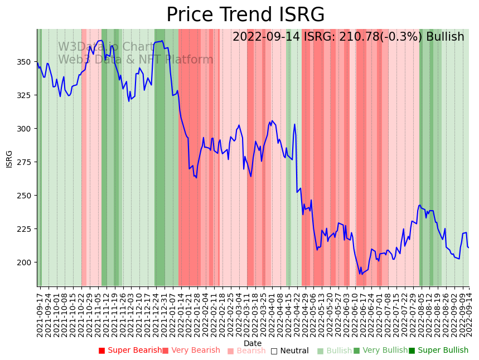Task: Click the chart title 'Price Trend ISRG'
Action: (245, 14)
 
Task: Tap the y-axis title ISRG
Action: (9, 158)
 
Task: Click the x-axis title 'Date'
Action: (253, 343)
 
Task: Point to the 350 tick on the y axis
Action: (27, 62)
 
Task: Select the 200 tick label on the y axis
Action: (27, 262)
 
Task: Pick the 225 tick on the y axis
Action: (27, 229)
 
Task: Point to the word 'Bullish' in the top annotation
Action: (445, 37)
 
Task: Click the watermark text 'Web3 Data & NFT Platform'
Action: (136, 60)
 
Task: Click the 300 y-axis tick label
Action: (27, 129)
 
